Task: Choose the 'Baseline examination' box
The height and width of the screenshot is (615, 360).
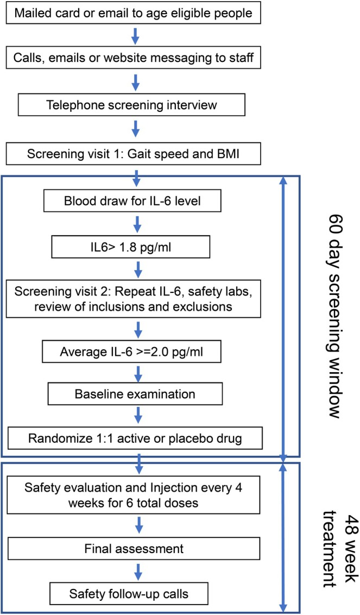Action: pos(135,394)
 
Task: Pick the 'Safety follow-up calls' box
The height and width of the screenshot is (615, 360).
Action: pos(129,593)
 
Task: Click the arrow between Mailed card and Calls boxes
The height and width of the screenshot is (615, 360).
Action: pos(135,36)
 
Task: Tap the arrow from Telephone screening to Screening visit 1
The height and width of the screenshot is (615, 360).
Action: pos(135,128)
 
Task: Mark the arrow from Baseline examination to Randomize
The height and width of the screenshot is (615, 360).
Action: pos(138,416)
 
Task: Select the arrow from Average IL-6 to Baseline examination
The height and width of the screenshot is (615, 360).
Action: pos(138,372)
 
